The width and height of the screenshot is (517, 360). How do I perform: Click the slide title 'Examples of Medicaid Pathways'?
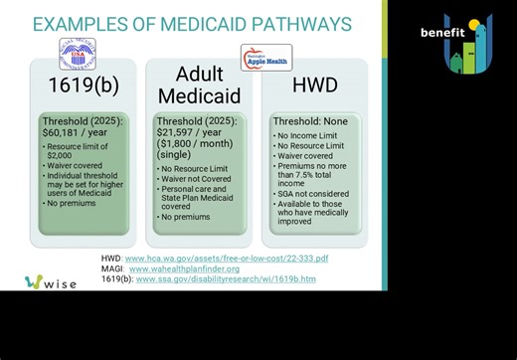point(192,23)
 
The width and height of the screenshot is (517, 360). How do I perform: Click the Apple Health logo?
point(265,58)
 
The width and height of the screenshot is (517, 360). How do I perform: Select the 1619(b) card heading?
point(84,86)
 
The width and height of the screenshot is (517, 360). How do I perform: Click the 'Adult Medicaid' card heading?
point(199,85)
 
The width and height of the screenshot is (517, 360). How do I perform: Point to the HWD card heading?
point(314,86)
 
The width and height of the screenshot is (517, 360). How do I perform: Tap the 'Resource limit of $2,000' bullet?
point(72,151)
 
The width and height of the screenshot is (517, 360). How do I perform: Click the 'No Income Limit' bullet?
point(307,135)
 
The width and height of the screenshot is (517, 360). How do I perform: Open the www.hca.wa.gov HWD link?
point(226,259)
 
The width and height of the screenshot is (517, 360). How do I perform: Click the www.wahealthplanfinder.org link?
point(184,269)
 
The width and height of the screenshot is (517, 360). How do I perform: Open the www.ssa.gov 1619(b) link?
point(225,279)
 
